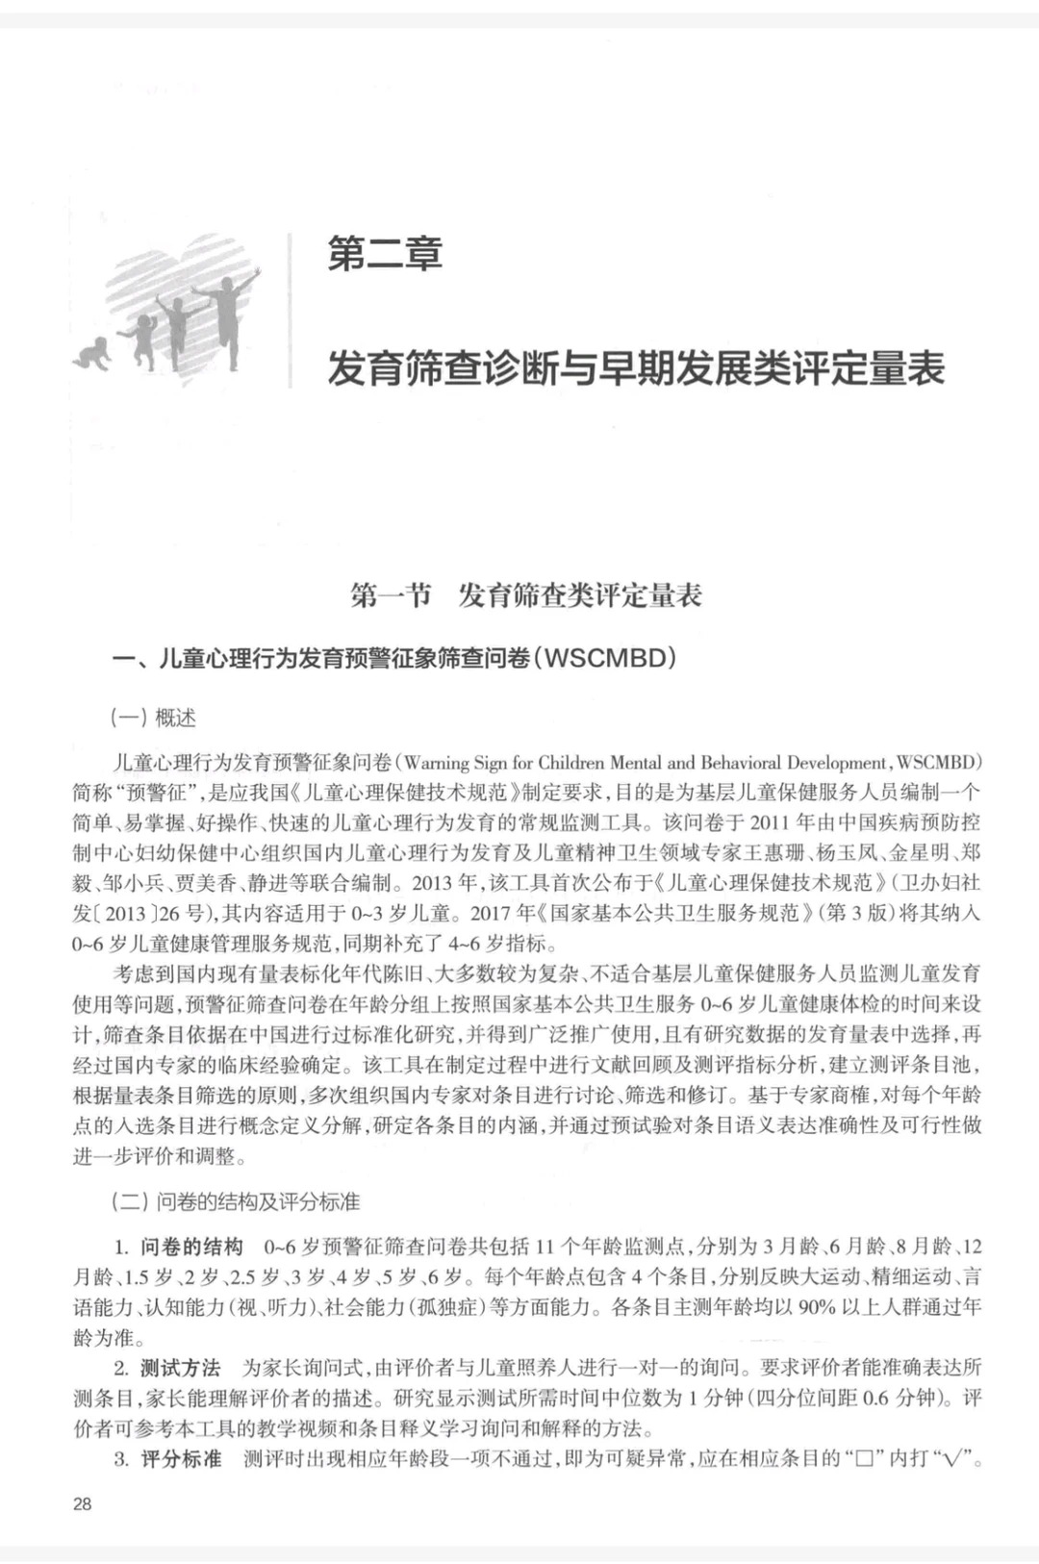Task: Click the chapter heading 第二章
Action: point(385,255)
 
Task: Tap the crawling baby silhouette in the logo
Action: point(92,353)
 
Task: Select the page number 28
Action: point(83,1503)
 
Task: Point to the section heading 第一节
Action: point(391,595)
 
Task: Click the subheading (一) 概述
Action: point(154,717)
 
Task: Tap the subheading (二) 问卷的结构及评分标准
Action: point(236,1201)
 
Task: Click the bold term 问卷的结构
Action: point(191,1247)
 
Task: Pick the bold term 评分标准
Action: point(181,1458)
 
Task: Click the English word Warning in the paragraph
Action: point(436,763)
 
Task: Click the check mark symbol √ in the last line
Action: point(954,1458)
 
